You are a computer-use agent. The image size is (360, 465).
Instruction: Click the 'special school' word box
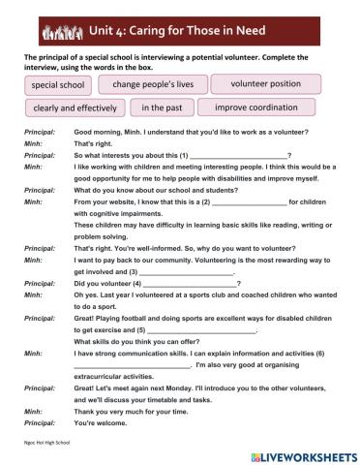pos(58,85)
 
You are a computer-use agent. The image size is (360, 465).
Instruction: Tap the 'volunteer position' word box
pos(265,83)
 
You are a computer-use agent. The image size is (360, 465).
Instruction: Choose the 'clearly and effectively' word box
pos(75,108)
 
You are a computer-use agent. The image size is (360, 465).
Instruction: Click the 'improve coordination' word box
pos(264,108)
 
